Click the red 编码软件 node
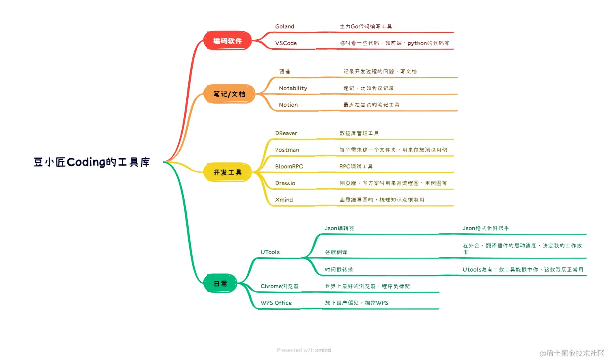pos(227,41)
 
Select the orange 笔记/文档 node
pos(229,94)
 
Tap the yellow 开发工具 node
pos(227,172)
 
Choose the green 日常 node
pos(220,284)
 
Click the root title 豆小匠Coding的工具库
pos(92,162)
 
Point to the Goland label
pos(284,27)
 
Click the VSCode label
pos(286,43)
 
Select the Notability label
pos(293,88)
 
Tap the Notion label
pos(288,105)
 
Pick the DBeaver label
pos(286,134)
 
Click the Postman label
pos(287,150)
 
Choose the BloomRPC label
pos(289,167)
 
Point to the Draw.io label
pos(285,183)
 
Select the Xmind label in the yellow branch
pos(284,200)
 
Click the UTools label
pos(270,252)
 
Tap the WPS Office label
pos(276,303)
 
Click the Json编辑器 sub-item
pos(339,229)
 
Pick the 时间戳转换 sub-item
pos(339,270)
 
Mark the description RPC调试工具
pos(356,167)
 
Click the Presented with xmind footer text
pos(304,350)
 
